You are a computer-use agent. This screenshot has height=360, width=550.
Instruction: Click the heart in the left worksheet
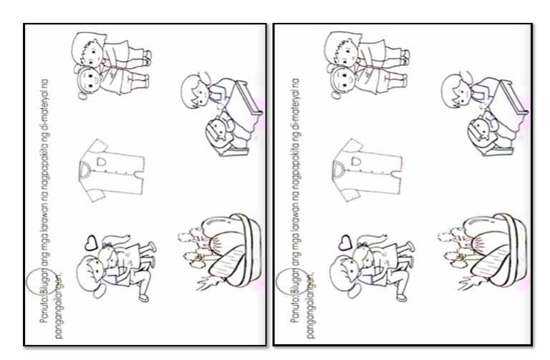(x=91, y=242)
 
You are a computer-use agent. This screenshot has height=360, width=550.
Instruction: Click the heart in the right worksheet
(x=345, y=242)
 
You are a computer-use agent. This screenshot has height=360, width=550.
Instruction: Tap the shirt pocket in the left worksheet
(x=101, y=162)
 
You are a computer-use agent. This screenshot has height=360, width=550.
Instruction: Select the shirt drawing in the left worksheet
(x=112, y=170)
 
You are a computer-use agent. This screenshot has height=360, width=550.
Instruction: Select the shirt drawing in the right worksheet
(x=367, y=170)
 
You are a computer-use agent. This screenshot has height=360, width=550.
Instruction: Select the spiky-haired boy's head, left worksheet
(x=89, y=49)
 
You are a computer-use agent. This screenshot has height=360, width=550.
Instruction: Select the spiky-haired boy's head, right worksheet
(x=342, y=49)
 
